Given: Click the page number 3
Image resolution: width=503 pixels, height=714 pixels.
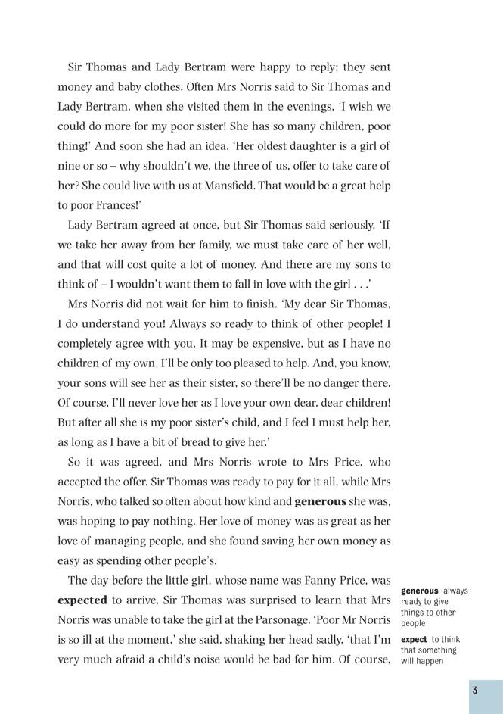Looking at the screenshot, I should pyautogui.click(x=474, y=690).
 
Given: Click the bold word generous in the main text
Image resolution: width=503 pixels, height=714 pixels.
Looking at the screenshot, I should pyautogui.click(x=320, y=501).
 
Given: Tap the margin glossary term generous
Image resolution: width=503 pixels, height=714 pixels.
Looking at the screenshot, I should pyautogui.click(x=420, y=591).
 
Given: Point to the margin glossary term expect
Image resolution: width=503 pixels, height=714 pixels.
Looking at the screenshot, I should pyautogui.click(x=415, y=640).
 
